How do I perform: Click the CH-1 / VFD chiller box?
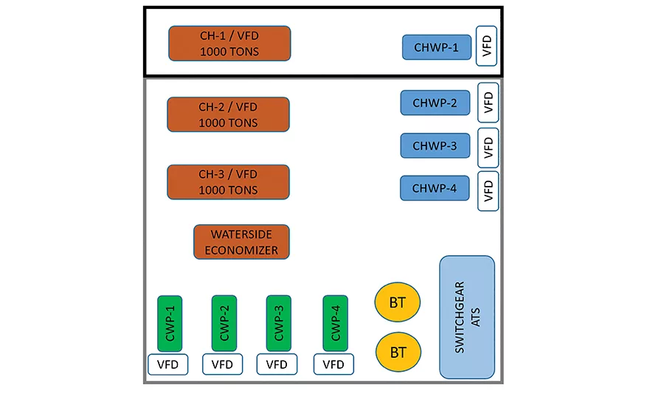229,44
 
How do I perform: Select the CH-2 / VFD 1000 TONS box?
228,115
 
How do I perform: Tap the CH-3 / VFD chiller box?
228,182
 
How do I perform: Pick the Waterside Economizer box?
241,242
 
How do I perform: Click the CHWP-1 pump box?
437,47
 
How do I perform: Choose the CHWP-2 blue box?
435,103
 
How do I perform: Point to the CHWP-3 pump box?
435,146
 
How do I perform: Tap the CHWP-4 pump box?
435,188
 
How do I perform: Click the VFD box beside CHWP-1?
487,46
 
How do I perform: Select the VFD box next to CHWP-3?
488,148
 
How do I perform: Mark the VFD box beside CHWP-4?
488,191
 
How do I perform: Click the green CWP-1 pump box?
170,324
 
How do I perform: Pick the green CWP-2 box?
224,324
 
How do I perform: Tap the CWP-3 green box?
279,324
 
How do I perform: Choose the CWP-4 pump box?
336,324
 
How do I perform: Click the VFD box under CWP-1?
167,364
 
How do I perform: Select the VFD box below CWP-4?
333,364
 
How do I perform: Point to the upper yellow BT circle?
397,302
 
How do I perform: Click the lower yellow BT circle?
398,352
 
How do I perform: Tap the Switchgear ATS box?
467,317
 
